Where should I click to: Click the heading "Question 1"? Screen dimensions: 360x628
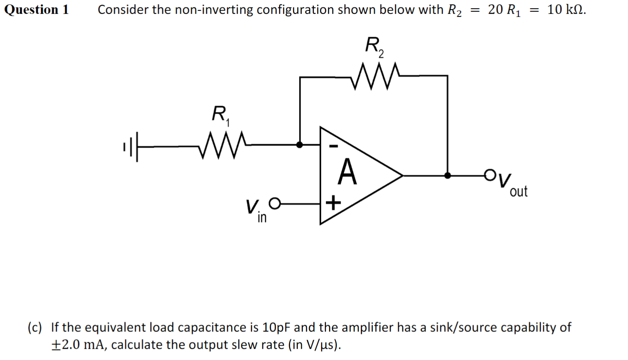[x=36, y=10]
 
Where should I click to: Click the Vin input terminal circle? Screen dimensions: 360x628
[x=275, y=202]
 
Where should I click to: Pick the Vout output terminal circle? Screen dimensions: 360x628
[x=489, y=175]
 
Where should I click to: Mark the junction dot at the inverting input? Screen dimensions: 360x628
[x=300, y=145]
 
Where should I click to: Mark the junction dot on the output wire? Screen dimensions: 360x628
[x=448, y=175]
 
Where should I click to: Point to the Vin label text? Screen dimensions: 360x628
[x=255, y=210]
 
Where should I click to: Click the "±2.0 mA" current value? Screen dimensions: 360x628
[x=80, y=345]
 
